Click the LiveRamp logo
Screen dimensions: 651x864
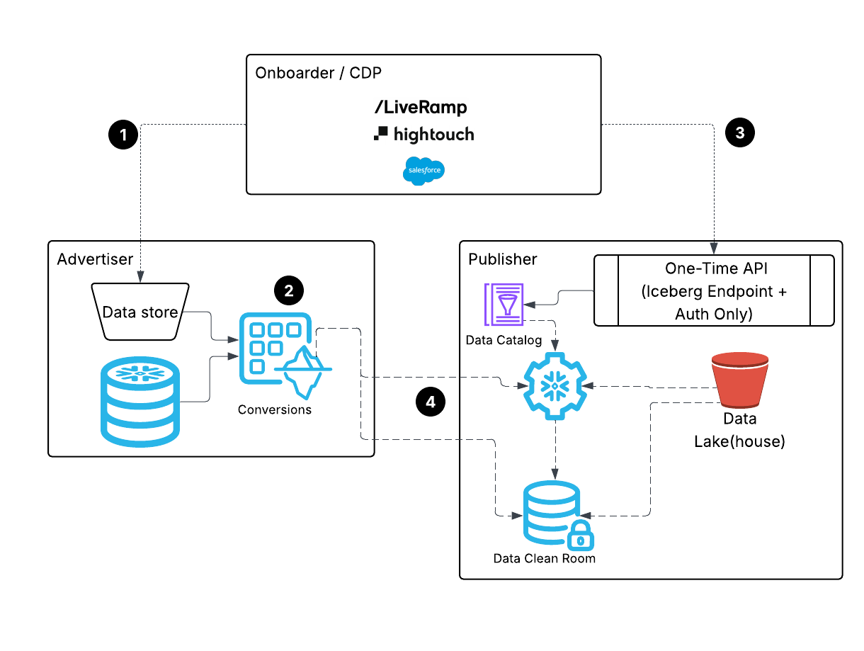click(421, 107)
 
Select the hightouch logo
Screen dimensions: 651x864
click(424, 133)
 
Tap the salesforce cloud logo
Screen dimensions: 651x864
click(424, 171)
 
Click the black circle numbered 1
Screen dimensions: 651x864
click(124, 134)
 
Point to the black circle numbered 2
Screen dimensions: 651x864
click(288, 290)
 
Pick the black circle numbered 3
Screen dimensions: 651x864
click(740, 132)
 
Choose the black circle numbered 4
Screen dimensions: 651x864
click(430, 402)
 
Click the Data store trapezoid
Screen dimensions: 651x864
click(140, 312)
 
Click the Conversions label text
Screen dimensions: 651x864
click(275, 409)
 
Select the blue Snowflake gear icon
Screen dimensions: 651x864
click(554, 387)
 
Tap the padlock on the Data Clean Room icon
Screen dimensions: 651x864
click(581, 538)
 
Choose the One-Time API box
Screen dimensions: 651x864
click(714, 290)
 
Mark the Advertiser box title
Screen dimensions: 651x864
click(95, 259)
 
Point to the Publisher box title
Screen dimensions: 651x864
click(503, 259)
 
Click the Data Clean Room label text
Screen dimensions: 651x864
click(545, 558)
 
